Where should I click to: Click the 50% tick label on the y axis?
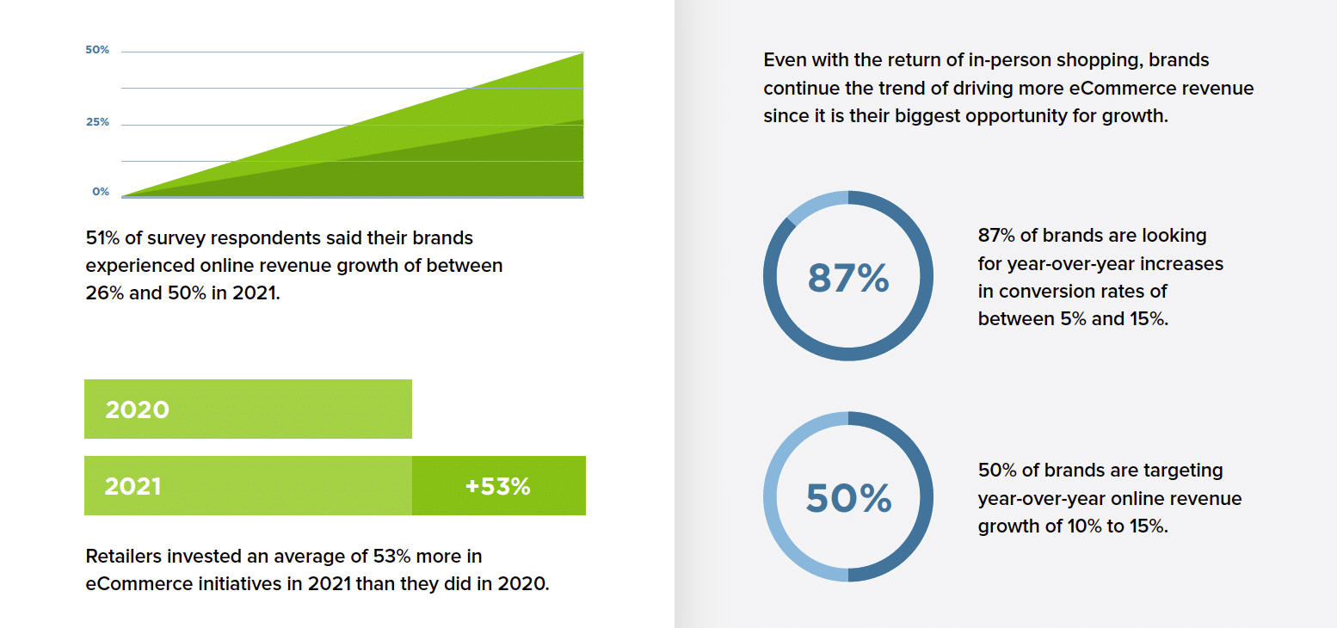click(97, 50)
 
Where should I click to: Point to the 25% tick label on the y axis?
click(97, 122)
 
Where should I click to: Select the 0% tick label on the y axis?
click(101, 192)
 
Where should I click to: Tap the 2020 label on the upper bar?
click(137, 409)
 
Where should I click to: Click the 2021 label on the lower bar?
click(132, 486)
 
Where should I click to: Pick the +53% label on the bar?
click(497, 486)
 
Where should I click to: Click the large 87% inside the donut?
click(847, 279)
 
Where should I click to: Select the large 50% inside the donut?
click(847, 499)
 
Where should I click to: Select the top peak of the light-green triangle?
click(582, 54)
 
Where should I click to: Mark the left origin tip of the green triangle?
click(125, 195)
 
